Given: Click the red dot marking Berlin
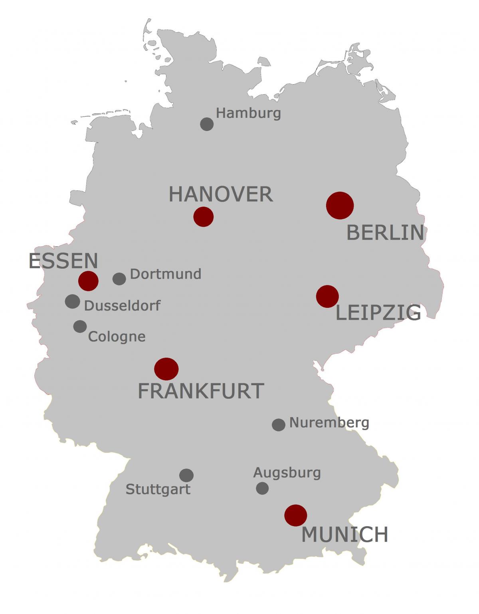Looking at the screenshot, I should [x=340, y=205].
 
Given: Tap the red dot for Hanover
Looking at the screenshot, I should [x=204, y=217].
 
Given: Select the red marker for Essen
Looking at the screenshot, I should [x=88, y=281].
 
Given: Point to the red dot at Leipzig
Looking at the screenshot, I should [x=327, y=296].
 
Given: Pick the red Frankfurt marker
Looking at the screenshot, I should [x=166, y=368].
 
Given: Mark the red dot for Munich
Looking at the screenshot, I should [x=295, y=515].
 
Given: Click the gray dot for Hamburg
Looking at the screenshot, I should [x=207, y=124].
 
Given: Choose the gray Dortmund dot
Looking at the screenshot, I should [x=119, y=279].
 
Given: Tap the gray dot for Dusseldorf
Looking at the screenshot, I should [x=72, y=301].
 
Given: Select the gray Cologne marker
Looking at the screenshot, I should [x=80, y=326].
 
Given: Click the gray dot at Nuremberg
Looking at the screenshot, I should [x=279, y=424].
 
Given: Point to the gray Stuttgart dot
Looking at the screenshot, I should [x=186, y=475].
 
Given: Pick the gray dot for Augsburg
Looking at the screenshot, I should [x=262, y=488].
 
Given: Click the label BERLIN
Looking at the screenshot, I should [x=385, y=232].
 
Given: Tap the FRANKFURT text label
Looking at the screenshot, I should [x=201, y=391].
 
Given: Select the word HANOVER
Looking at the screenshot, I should [x=221, y=194].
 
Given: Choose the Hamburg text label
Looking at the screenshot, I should [x=248, y=113].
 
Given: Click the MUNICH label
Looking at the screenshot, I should [x=344, y=534].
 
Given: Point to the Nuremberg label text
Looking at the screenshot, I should [x=329, y=422].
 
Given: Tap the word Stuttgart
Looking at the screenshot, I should [x=158, y=489].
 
